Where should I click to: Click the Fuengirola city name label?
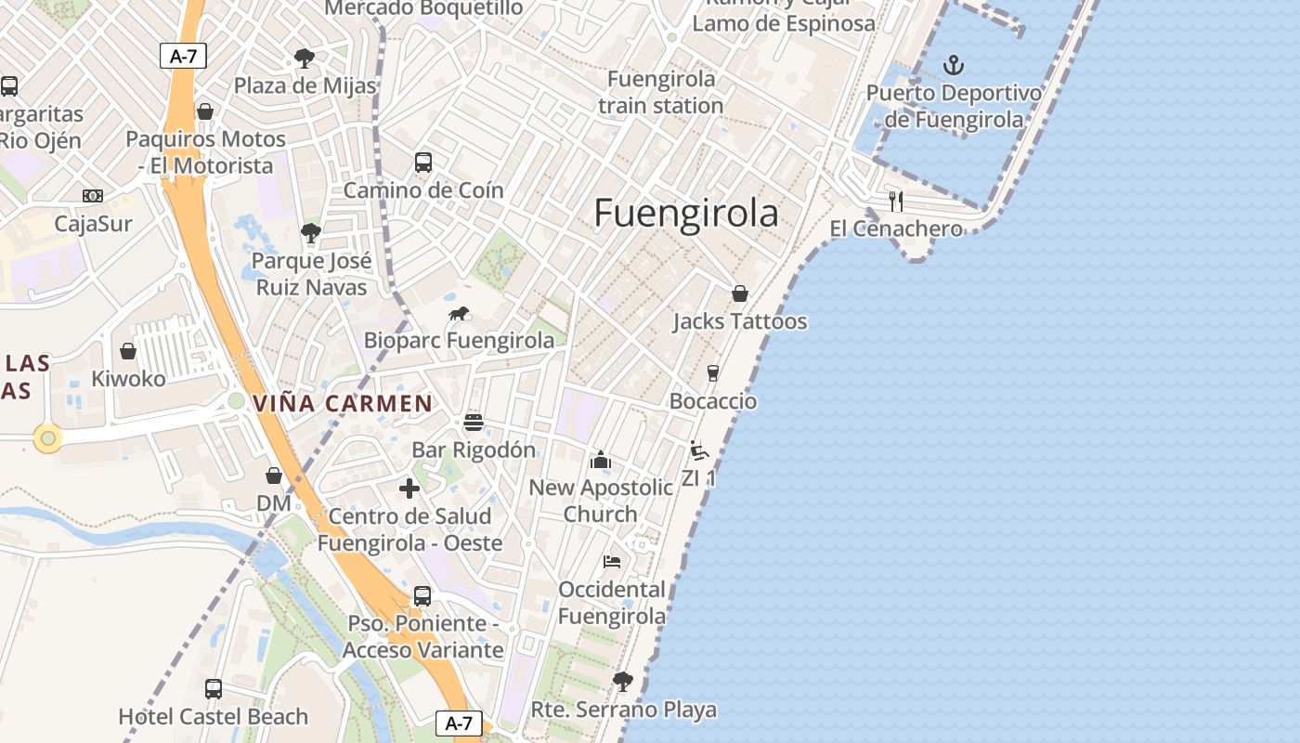tap(686, 213)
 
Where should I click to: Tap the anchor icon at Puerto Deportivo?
tap(953, 65)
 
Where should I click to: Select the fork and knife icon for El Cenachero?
tap(895, 201)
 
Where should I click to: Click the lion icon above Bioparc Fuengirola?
tap(459, 314)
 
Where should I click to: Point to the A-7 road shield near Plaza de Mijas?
tap(183, 56)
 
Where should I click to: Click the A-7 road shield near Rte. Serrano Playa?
tap(459, 723)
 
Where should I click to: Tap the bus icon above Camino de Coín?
tap(423, 163)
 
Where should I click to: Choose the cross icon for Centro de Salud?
tap(409, 489)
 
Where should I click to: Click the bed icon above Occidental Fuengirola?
tap(612, 562)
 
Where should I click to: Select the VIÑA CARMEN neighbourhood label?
tap(343, 404)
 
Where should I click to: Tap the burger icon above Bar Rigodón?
tap(474, 423)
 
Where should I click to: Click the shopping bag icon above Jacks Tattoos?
tap(740, 293)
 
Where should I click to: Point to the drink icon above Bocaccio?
tap(713, 373)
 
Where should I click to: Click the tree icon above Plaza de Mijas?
tap(305, 59)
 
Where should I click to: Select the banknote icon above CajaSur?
tap(93, 196)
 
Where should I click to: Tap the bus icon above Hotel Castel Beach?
tap(214, 689)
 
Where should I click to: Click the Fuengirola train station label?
tap(660, 92)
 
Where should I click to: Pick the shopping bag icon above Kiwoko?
tap(128, 351)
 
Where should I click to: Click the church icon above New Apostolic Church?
tap(601, 460)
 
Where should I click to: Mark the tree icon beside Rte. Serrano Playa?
tap(623, 682)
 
